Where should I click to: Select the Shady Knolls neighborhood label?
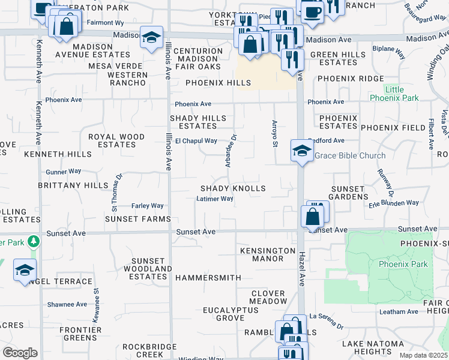coord(233,188)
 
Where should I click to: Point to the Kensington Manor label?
coord(262,254)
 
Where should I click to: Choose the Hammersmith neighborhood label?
coord(208,278)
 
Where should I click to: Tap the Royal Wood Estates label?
coord(116,140)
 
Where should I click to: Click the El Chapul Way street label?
coord(196,141)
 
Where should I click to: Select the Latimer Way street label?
coord(214,199)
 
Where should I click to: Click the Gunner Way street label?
coord(63,172)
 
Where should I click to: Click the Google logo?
coord(20,353)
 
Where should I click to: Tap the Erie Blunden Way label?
coord(394,203)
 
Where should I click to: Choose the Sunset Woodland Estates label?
coord(148,269)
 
